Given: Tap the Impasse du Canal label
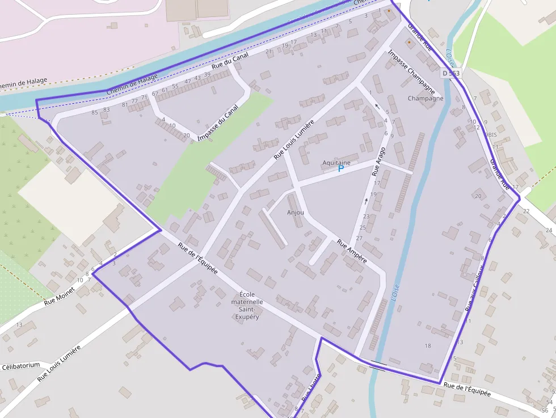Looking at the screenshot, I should (x=218, y=125).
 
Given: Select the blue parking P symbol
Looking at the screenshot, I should (x=341, y=168).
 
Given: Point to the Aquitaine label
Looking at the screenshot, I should (x=336, y=162).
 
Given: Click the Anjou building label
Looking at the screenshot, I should (x=296, y=213).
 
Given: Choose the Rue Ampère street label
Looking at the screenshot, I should (x=352, y=251).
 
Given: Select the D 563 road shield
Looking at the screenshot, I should (x=452, y=74).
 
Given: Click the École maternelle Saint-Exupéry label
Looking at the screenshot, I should (x=247, y=305).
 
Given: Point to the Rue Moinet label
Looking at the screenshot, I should (x=59, y=296).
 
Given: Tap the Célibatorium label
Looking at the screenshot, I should (x=21, y=366).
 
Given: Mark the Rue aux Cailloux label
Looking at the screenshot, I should (x=474, y=288).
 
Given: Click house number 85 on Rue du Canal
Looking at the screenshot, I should (x=95, y=112).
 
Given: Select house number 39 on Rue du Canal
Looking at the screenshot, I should (x=207, y=74).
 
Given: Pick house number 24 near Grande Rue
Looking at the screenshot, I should (x=548, y=230).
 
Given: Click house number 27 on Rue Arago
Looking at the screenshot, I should (x=359, y=238).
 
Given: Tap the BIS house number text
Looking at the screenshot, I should (x=491, y=135).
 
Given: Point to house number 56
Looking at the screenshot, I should (x=545, y=410).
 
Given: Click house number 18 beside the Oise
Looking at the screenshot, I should (x=428, y=345).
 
